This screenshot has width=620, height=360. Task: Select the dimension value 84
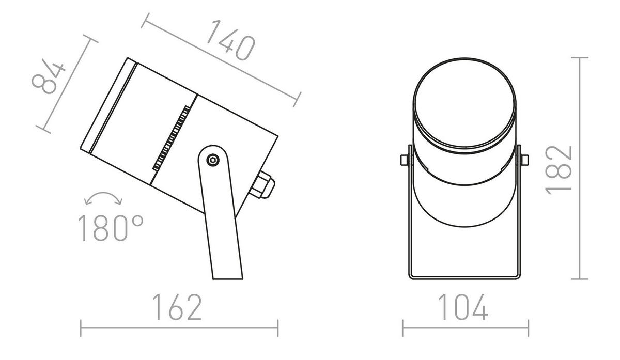[x=49, y=78]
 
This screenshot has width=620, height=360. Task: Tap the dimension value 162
[x=177, y=308]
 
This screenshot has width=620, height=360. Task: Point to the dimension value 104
[x=463, y=308]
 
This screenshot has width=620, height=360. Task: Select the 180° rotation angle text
[x=110, y=228]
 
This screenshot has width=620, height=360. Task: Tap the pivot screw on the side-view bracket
[x=212, y=160]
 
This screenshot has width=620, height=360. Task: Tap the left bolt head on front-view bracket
[x=405, y=161]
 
